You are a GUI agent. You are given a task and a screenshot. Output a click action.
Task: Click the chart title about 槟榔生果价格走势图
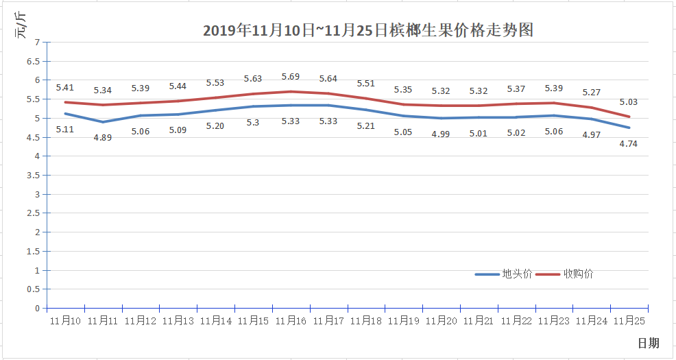pos(368,31)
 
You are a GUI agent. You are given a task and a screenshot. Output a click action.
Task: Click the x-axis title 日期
pos(648,343)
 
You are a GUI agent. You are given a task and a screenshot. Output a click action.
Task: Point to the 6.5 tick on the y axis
pos(34,61)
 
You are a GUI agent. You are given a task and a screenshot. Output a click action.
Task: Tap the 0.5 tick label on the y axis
pos(34,289)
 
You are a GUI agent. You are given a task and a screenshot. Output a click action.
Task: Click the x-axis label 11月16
pos(291,320)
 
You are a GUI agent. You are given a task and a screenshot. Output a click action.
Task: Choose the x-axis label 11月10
pos(65,320)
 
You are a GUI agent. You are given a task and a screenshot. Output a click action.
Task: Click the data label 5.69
pos(291,77)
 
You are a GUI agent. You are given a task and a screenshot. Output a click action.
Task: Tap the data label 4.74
pos(628,144)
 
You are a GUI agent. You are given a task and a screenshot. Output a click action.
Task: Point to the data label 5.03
pos(628,102)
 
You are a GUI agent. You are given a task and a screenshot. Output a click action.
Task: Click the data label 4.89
pos(103,137)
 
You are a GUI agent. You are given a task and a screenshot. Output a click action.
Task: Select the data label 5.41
pos(65,87)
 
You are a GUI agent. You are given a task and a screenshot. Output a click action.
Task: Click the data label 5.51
pos(366,84)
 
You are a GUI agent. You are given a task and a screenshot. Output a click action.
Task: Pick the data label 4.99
pos(441,134)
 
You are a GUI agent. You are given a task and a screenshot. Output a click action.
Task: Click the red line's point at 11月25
pos(629,117)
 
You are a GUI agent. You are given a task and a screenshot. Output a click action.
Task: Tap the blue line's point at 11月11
pos(103,122)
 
